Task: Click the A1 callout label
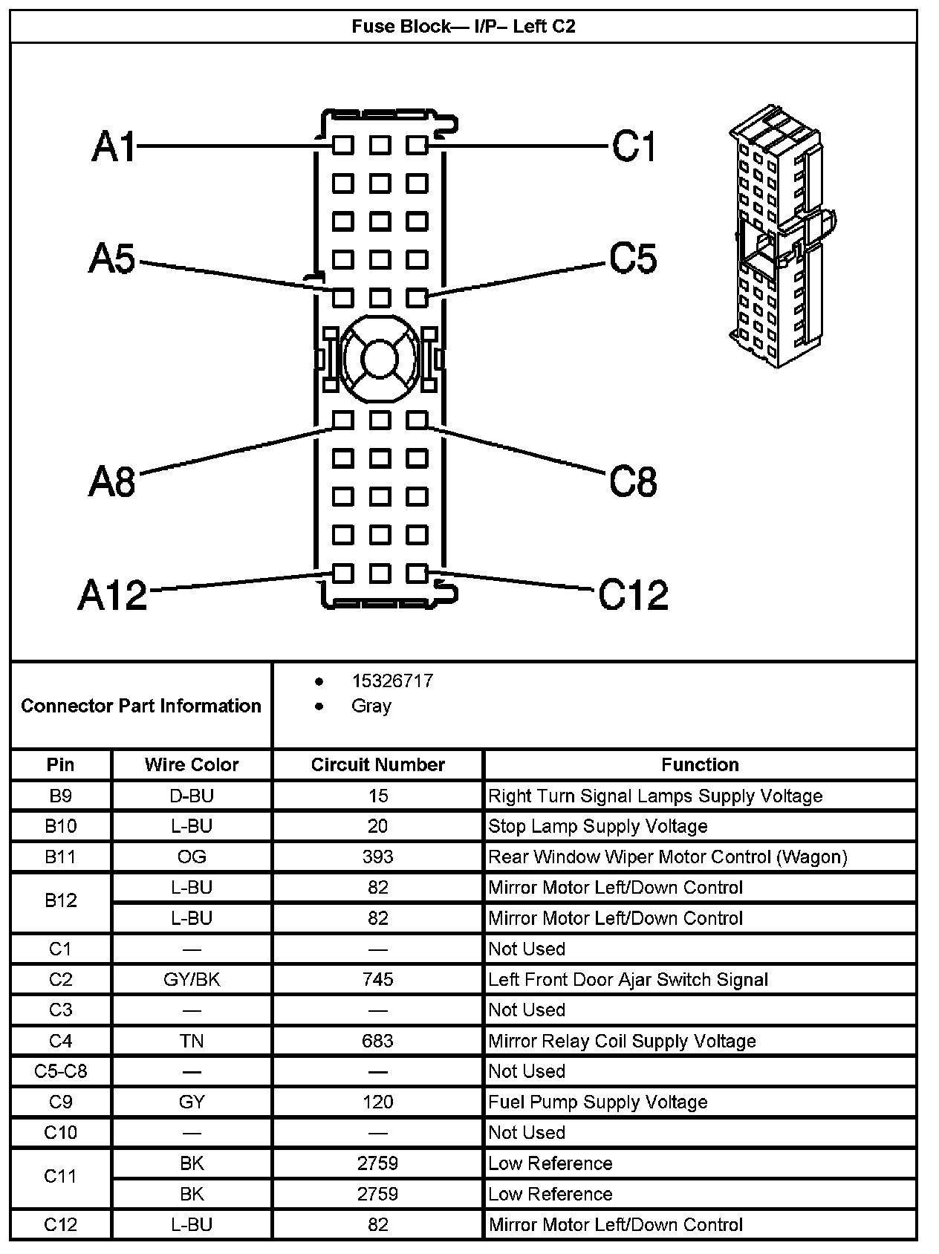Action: [114, 146]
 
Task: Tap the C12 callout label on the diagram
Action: [633, 594]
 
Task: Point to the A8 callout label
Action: [112, 481]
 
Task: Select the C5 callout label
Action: [633, 259]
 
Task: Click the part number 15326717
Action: [391, 681]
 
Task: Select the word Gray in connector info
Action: [371, 706]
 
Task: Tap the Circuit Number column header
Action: [377, 764]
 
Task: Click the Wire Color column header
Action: [192, 764]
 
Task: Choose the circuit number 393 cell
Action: [377, 857]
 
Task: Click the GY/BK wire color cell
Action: [192, 979]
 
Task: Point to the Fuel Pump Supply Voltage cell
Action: [597, 1102]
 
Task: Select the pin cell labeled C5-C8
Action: [61, 1071]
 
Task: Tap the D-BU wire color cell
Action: [192, 796]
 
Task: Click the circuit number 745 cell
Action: [377, 979]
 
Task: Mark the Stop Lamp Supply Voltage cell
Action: [597, 826]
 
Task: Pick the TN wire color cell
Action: [192, 1041]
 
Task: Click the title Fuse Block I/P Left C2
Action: [464, 27]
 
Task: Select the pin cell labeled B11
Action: [61, 857]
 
